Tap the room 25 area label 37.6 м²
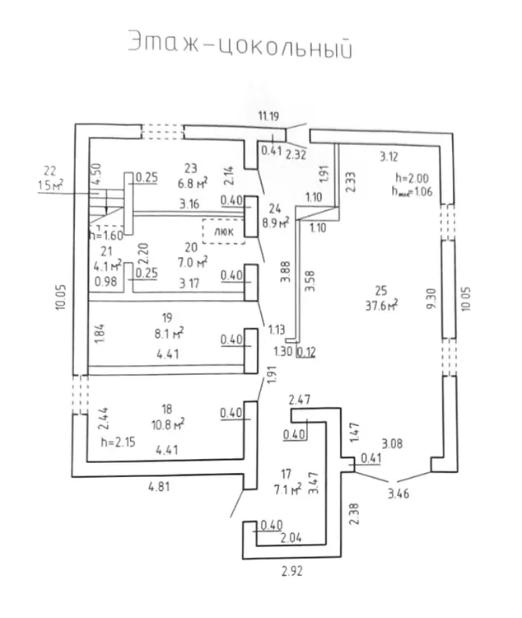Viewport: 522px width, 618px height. pos(380,304)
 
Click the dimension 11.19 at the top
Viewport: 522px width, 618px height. pos(268,118)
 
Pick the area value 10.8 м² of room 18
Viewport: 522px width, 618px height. pos(167,425)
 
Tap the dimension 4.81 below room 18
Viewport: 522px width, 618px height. pos(161,487)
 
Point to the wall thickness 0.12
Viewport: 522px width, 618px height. pos(306,353)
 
